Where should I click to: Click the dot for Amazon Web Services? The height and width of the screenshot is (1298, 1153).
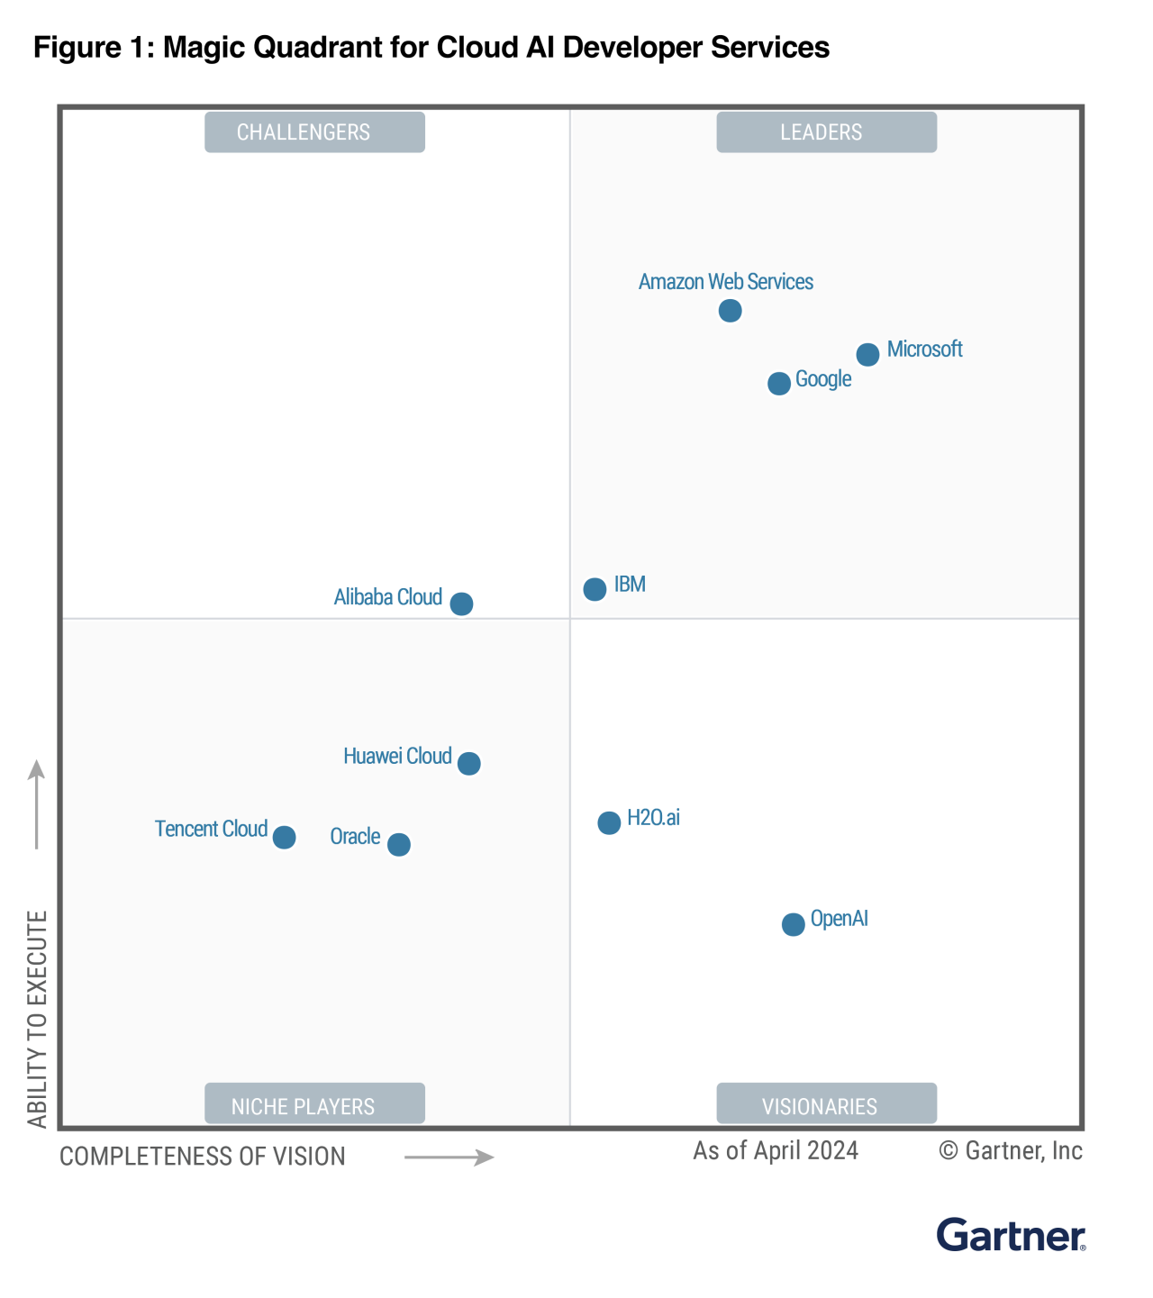click(731, 311)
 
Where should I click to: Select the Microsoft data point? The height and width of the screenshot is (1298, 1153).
click(867, 355)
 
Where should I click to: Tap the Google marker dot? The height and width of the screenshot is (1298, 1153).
click(779, 384)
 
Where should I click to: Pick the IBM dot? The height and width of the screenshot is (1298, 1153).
click(595, 589)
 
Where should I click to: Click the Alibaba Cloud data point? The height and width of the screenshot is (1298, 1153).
click(461, 604)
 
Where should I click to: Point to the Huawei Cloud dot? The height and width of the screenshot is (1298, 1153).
click(468, 764)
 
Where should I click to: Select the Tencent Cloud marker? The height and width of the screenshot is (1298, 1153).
click(284, 838)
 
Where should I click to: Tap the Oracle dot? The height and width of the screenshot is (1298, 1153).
click(398, 845)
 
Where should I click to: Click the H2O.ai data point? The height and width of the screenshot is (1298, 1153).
click(609, 822)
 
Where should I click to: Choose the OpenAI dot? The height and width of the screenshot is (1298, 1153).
click(793, 924)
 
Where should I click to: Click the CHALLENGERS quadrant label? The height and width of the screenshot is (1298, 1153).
click(314, 132)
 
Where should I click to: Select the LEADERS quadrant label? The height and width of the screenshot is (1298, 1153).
click(826, 132)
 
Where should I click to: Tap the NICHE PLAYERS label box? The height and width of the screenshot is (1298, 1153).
click(314, 1104)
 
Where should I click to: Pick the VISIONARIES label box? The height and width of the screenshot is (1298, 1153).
click(826, 1104)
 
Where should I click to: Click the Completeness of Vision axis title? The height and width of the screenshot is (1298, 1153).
click(203, 1157)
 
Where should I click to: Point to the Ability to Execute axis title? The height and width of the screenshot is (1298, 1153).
click(37, 1019)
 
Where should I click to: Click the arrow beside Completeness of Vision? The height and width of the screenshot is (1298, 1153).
click(449, 1157)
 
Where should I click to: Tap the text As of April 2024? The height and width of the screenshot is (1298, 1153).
click(776, 1151)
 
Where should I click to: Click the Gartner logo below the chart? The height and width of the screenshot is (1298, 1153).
click(1011, 1235)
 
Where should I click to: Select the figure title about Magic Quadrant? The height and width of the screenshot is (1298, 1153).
click(431, 47)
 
